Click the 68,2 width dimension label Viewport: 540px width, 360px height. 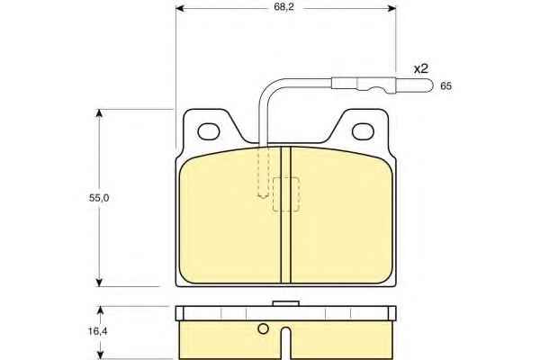coord(284,7)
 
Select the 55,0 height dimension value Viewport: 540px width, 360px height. coord(99,198)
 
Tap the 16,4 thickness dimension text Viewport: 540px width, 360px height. coord(98,331)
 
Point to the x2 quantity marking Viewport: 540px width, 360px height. coord(421,69)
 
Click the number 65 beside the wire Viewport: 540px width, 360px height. coord(445,86)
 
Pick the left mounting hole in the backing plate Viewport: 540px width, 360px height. coord(209,131)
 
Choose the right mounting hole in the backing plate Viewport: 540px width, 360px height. coord(363,131)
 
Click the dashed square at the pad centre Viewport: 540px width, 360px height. coord(286,194)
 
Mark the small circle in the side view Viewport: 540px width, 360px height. coord(263,329)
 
